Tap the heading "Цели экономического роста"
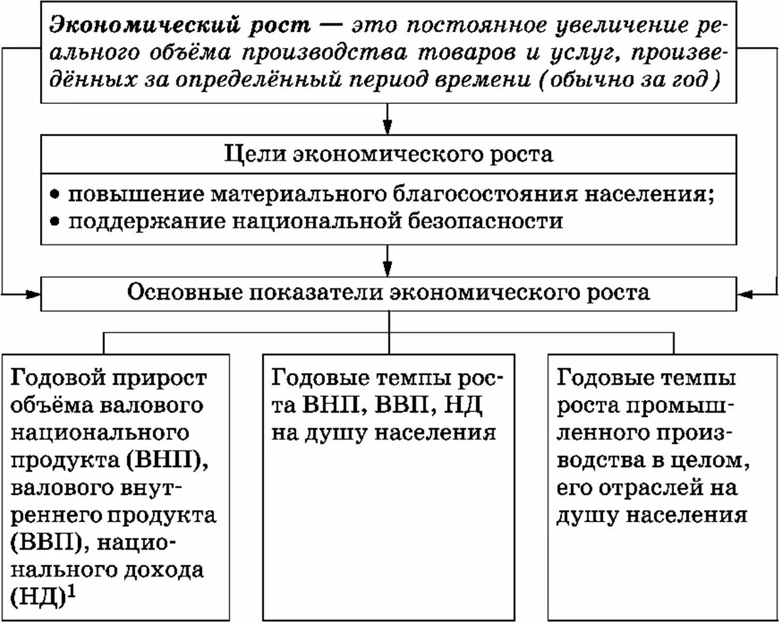pyautogui.click(x=389, y=154)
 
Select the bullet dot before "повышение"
pyautogui.click(x=56, y=196)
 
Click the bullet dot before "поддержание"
pyautogui.click(x=56, y=221)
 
